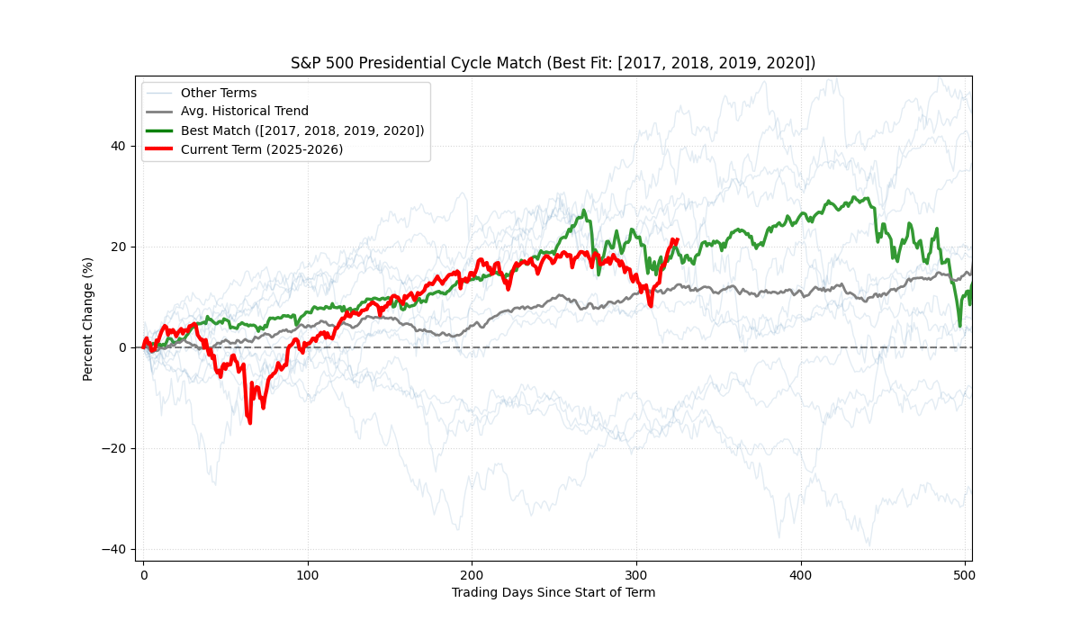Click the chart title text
click(x=553, y=63)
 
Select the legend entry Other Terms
click(x=219, y=93)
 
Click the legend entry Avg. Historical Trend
click(x=244, y=112)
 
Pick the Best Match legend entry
click(x=302, y=130)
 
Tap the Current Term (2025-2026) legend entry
click(x=262, y=149)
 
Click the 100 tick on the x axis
click(x=308, y=574)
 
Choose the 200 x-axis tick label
click(x=472, y=574)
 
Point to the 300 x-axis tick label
click(x=636, y=574)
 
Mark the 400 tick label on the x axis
click(x=801, y=574)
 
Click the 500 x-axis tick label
click(x=965, y=574)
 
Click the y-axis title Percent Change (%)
click(x=88, y=319)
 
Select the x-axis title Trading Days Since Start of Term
click(x=553, y=592)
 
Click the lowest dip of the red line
click(x=249, y=422)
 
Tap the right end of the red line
click(x=676, y=239)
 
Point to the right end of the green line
click(x=971, y=286)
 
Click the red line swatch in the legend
click(x=159, y=149)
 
